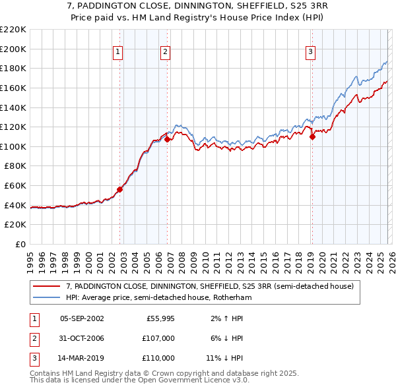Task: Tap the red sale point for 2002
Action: pos(119,189)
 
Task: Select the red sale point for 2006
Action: pos(168,140)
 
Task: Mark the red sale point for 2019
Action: pos(312,137)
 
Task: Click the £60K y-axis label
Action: pos(15,186)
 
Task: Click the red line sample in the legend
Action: pos(46,286)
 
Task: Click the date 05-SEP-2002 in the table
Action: pos(82,318)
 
